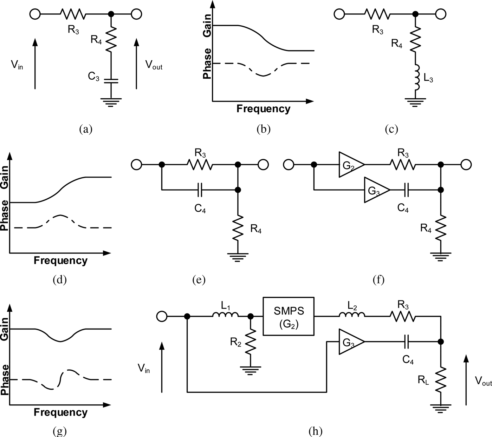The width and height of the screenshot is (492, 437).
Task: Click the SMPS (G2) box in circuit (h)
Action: pyautogui.click(x=289, y=316)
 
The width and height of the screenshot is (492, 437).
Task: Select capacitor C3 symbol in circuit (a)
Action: pyautogui.click(x=111, y=81)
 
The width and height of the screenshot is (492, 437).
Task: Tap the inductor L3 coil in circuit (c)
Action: pyautogui.click(x=416, y=77)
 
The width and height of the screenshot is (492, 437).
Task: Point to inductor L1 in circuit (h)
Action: pyautogui.click(x=226, y=316)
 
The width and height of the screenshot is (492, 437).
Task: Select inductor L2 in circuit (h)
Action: pyautogui.click(x=352, y=316)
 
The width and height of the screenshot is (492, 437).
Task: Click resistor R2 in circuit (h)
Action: pyautogui.click(x=250, y=342)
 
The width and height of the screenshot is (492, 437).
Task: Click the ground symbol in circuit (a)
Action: pyautogui.click(x=111, y=102)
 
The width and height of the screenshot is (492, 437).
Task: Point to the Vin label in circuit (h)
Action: pyautogui.click(x=144, y=369)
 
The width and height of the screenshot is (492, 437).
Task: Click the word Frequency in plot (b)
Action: pyautogui.click(x=263, y=109)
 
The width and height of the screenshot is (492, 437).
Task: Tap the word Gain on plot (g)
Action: pyautogui.click(x=5, y=329)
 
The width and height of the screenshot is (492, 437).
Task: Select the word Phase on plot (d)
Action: pyautogui.click(x=5, y=215)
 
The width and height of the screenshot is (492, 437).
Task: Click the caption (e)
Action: pyautogui.click(x=199, y=280)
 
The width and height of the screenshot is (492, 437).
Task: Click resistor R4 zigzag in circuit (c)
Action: pyautogui.click(x=416, y=39)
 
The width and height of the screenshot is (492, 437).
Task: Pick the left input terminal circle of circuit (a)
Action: pyautogui.click(x=35, y=14)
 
